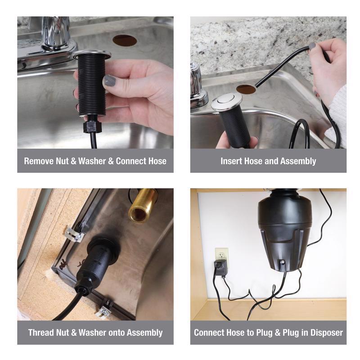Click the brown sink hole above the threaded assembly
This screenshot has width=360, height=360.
tap(125, 40)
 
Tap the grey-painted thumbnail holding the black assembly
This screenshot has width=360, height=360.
tap(109, 81)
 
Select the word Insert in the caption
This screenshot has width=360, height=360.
tap(231, 161)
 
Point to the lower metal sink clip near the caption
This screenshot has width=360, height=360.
tap(104, 310)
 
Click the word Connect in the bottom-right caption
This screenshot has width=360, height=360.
tap(209, 333)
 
